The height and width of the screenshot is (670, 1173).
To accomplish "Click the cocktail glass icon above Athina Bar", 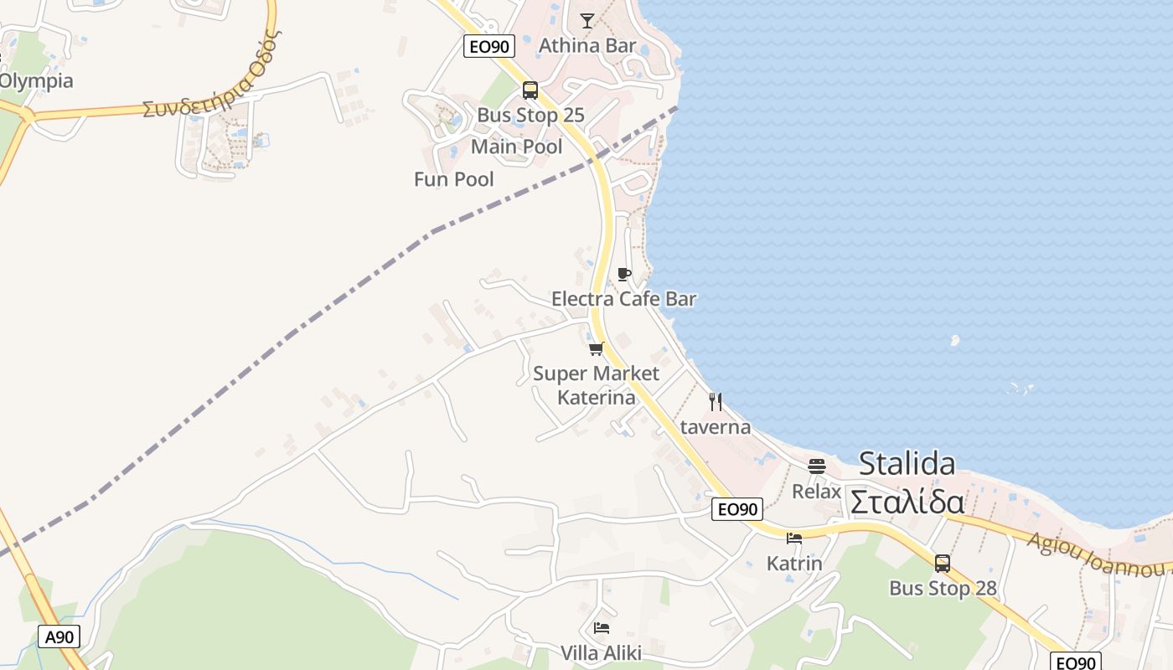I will coord(587,21).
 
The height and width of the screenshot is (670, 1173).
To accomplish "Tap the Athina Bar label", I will coord(587,45).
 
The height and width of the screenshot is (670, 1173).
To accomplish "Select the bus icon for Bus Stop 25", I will coord(530,90).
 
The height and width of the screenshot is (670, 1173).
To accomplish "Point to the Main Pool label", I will coord(517,147).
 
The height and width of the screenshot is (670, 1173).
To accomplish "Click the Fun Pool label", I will coord(454,179).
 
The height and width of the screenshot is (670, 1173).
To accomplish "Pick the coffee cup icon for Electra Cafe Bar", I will coord(623,274).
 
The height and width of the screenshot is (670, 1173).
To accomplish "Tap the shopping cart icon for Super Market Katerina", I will coord(597,348).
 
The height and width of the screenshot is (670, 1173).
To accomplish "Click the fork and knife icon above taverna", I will coord(716,402).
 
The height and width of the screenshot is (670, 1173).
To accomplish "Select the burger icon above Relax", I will coord(817,466).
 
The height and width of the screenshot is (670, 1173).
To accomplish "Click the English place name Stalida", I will coord(907,463).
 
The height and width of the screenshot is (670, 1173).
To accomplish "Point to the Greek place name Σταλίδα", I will coord(907,502).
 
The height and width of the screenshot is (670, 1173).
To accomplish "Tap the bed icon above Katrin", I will coord(794,539).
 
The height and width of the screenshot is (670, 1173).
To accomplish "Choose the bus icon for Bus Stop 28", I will coord(943,564).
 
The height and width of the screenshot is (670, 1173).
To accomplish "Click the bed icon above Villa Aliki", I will coord(602,628).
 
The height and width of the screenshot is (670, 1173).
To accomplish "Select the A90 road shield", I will coord(59,636).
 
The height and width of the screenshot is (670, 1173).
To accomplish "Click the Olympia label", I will coord(36,81).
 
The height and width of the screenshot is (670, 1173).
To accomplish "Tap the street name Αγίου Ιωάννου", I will coord(1098,555).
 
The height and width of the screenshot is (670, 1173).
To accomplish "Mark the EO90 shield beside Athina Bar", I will coord(489,46).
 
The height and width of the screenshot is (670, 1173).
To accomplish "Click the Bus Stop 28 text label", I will coord(943,589).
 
